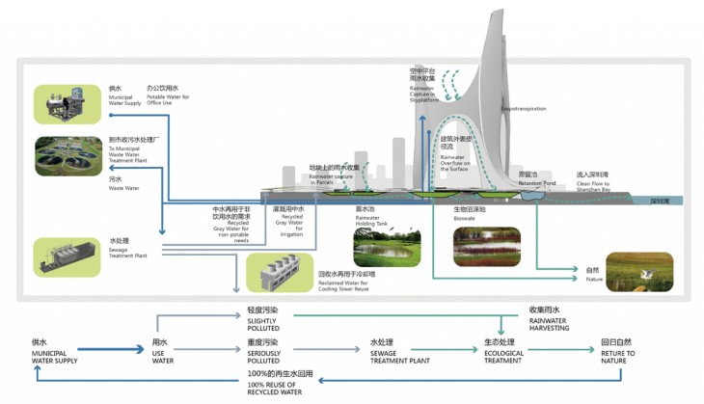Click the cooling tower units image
coord(281,271)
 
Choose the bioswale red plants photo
coord(487,246)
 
